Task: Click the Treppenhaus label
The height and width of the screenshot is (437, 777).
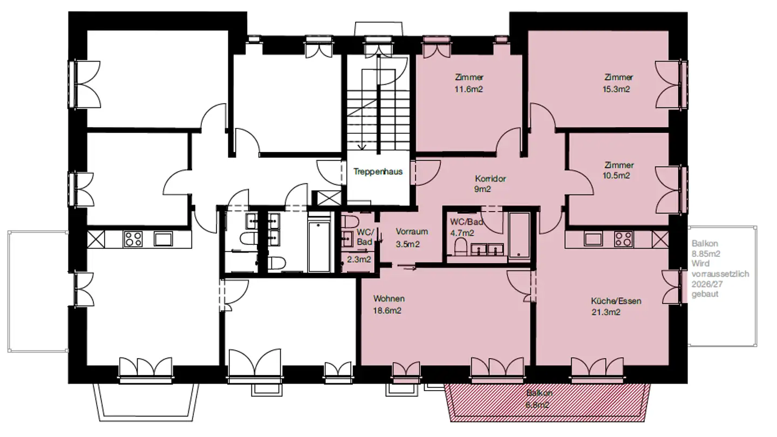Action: pyautogui.click(x=378, y=172)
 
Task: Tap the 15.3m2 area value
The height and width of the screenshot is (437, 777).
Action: pyautogui.click(x=616, y=89)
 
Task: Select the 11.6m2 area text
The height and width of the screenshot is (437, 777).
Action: pyautogui.click(x=468, y=89)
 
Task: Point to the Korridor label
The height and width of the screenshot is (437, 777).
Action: pyautogui.click(x=490, y=179)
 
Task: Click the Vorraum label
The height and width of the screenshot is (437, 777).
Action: pyautogui.click(x=412, y=231)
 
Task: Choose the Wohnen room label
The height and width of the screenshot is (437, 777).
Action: pyautogui.click(x=389, y=299)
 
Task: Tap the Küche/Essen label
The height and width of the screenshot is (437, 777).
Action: pyautogui.click(x=616, y=301)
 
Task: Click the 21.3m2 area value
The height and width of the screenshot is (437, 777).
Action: pyautogui.click(x=605, y=312)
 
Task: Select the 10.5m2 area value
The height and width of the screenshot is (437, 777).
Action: pyautogui.click(x=616, y=175)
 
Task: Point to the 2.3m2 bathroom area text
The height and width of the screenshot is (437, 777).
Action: pyautogui.click(x=359, y=260)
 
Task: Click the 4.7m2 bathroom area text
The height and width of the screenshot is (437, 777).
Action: pyautogui.click(x=462, y=233)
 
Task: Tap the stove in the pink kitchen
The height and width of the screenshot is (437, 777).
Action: pyautogui.click(x=623, y=238)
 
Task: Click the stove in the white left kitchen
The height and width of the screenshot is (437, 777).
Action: pyautogui.click(x=133, y=239)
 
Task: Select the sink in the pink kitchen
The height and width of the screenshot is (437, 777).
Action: pyautogui.click(x=593, y=238)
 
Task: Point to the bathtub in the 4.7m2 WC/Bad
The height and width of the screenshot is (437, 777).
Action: pyautogui.click(x=519, y=235)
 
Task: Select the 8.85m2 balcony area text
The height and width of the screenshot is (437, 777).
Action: pyautogui.click(x=706, y=254)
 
